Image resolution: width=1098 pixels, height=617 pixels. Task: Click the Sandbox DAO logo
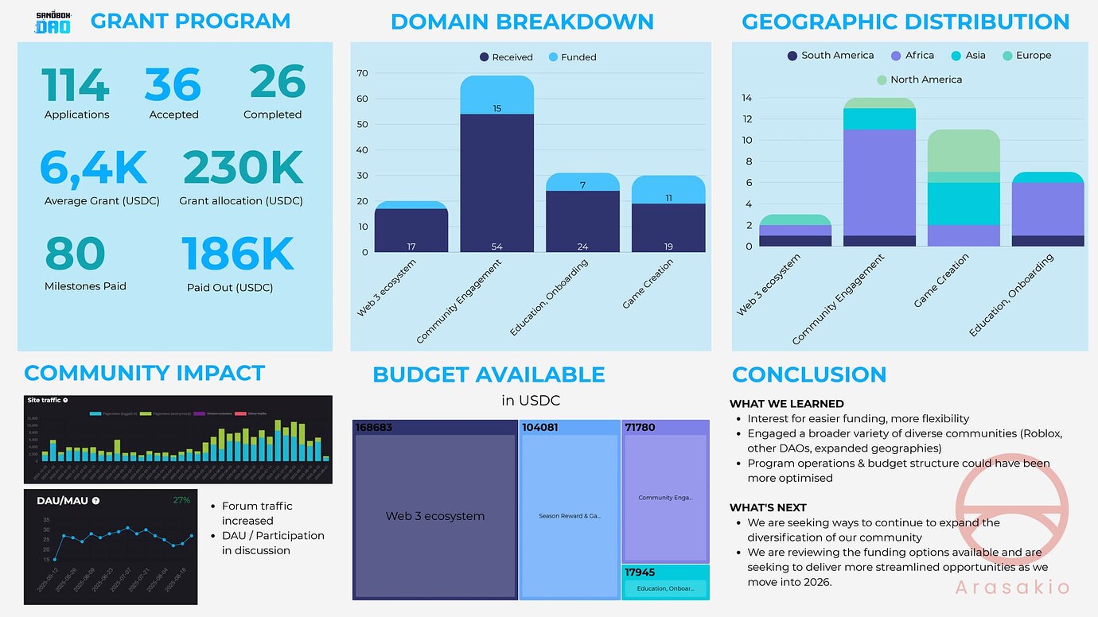click(54, 22)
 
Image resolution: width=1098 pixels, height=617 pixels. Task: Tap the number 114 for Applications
click(76, 84)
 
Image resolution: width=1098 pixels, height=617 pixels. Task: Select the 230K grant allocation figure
click(242, 168)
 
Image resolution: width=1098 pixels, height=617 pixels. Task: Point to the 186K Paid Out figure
click(237, 254)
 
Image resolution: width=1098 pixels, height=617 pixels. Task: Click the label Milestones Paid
click(85, 286)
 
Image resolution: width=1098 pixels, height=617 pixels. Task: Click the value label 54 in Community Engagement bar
click(496, 246)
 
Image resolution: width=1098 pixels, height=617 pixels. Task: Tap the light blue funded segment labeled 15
click(496, 108)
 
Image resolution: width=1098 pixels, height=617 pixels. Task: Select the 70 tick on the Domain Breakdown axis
click(362, 73)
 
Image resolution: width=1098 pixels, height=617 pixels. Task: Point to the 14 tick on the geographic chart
click(746, 99)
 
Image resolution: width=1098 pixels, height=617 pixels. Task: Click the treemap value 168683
click(374, 428)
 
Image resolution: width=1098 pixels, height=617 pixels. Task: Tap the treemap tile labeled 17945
click(664, 581)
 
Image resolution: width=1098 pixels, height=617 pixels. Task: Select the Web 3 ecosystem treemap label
click(434, 516)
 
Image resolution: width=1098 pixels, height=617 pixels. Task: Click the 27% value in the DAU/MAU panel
click(181, 500)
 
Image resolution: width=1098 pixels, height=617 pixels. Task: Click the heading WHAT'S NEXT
click(768, 507)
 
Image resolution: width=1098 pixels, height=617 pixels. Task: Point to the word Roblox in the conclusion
click(1042, 433)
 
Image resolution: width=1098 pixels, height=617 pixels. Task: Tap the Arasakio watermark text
click(1012, 588)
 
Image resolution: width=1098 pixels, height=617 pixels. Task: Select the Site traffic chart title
click(45, 401)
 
